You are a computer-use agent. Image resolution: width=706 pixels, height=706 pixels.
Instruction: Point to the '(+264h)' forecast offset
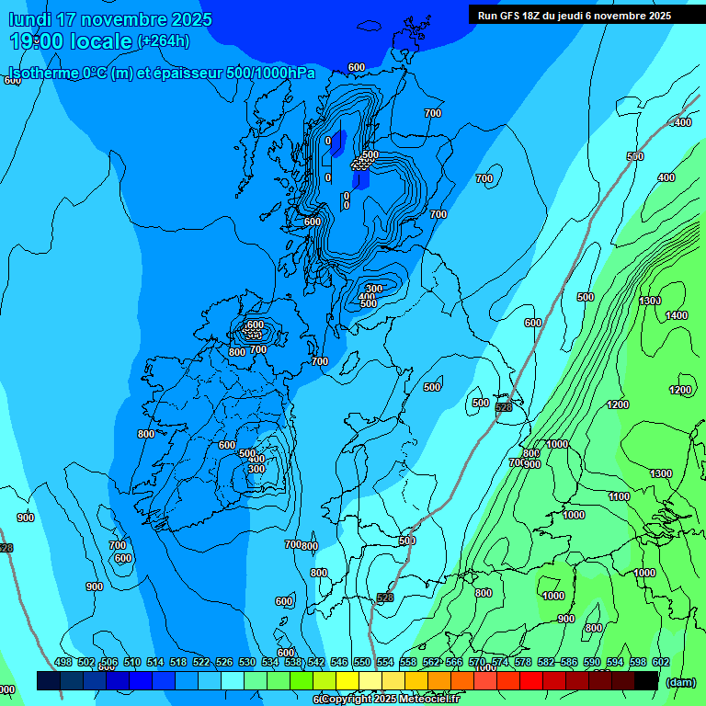[164, 40]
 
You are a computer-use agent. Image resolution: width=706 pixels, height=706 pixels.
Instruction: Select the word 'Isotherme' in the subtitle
[43, 74]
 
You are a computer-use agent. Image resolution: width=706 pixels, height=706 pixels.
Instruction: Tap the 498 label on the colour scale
[63, 662]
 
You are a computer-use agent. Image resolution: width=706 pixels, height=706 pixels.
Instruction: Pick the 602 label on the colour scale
[660, 662]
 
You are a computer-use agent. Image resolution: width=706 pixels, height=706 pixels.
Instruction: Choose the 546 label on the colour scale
[339, 662]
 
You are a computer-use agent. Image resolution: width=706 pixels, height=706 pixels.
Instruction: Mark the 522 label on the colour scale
[201, 662]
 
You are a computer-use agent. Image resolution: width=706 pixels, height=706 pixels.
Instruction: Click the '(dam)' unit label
[680, 681]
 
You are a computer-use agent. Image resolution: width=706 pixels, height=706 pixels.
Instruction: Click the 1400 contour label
[677, 315]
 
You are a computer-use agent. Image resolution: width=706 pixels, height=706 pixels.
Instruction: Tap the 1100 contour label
[620, 496]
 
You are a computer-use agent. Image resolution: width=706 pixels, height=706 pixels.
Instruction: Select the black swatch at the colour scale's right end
[646, 680]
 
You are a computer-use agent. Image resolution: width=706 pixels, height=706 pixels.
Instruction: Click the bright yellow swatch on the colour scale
[347, 680]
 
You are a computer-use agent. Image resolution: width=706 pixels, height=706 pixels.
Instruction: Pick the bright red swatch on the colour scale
[531, 680]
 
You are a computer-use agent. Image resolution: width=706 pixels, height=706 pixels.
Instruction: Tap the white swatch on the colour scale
[370, 680]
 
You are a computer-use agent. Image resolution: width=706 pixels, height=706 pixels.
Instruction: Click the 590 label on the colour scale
[591, 662]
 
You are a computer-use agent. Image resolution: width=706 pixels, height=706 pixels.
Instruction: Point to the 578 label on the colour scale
[522, 662]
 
